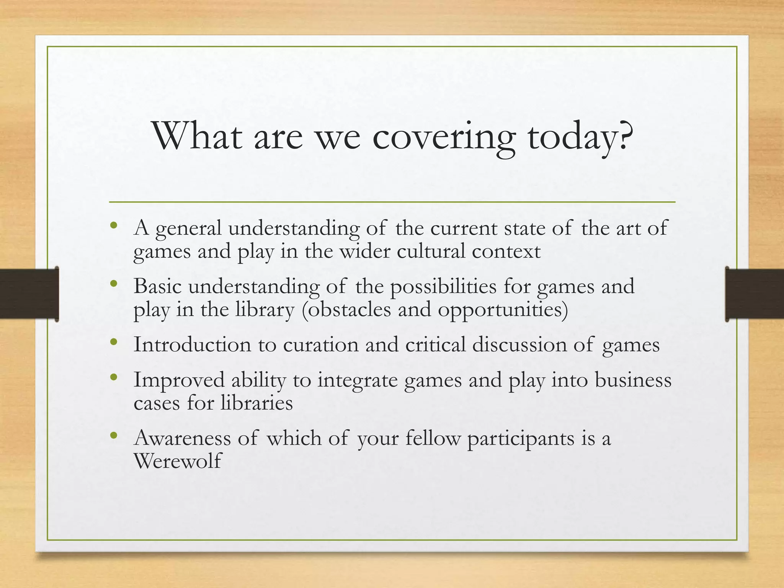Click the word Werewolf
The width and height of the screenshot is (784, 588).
click(178, 461)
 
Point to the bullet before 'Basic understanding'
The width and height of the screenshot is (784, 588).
click(113, 284)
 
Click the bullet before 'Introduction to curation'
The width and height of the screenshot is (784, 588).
click(113, 342)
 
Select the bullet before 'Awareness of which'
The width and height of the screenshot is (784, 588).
click(113, 436)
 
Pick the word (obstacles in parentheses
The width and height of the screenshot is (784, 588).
click(346, 310)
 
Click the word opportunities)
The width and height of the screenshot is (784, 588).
click(503, 310)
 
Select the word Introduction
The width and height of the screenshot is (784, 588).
click(192, 345)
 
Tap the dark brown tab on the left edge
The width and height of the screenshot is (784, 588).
click(29, 294)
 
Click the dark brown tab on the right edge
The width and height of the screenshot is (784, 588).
click(755, 294)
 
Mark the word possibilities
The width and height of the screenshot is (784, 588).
click(443, 287)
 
